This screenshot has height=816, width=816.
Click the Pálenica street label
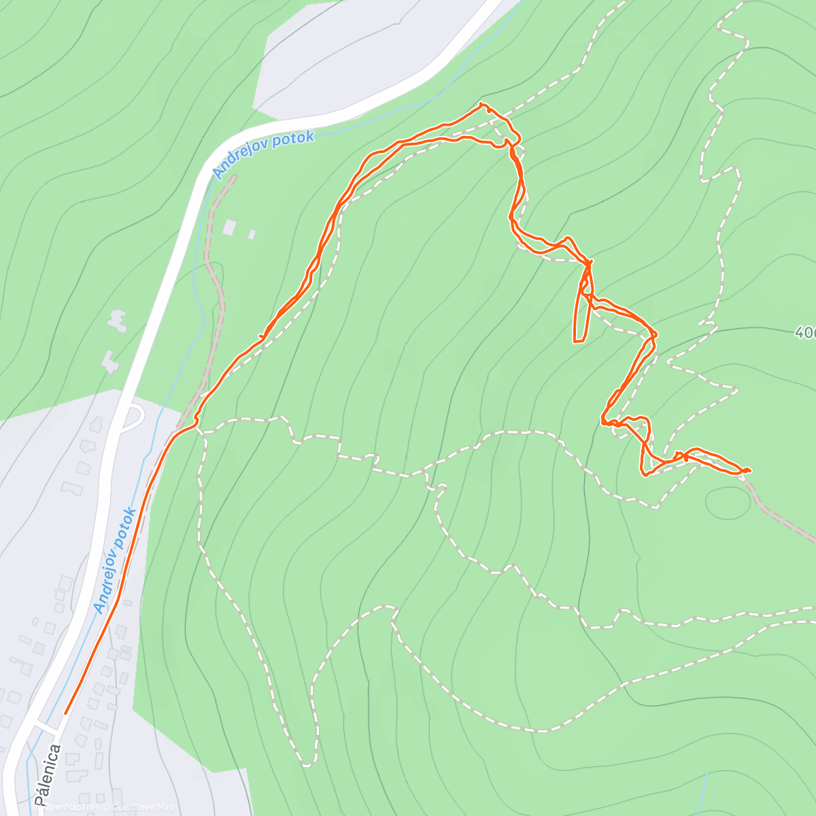[x=48, y=775]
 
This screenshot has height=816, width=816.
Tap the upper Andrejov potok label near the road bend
[x=264, y=154]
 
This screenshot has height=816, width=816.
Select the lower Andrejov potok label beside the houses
[x=116, y=560]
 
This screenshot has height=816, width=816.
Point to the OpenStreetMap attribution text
[x=143, y=807]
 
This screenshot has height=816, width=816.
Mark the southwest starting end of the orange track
[x=65, y=713]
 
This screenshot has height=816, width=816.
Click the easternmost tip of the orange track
[x=749, y=470]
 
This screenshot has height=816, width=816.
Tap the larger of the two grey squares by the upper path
[x=231, y=226]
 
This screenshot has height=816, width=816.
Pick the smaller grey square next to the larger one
[x=252, y=235]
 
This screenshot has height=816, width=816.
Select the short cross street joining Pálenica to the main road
[x=46, y=727]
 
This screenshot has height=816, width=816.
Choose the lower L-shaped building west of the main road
[x=109, y=360]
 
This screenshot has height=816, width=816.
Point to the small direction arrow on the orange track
[x=263, y=336]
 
